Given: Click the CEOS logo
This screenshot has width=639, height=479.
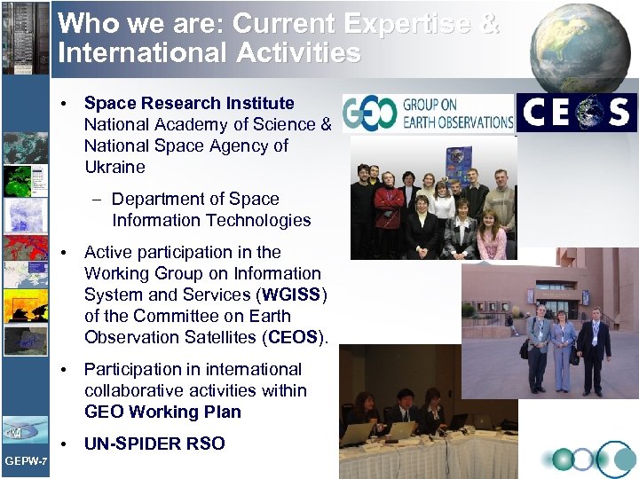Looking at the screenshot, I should pyautogui.click(x=577, y=113).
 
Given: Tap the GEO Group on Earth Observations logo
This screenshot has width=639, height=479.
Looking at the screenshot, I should pyautogui.click(x=429, y=113).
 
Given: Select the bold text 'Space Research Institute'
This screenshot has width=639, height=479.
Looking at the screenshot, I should pyautogui.click(x=189, y=103).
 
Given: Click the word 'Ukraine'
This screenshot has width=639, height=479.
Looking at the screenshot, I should pyautogui.click(x=114, y=167).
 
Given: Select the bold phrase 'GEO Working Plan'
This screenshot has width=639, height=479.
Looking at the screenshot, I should pyautogui.click(x=162, y=412).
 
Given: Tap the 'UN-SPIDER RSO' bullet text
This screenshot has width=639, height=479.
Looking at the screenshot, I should pyautogui.click(x=154, y=444).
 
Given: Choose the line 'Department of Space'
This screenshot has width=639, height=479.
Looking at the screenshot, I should pyautogui.click(x=195, y=199).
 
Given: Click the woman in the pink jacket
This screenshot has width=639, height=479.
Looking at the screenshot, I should pyautogui.click(x=490, y=232).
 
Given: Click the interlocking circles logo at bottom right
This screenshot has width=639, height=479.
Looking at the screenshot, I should pyautogui.click(x=589, y=459).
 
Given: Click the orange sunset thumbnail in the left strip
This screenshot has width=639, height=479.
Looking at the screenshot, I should pyautogui.click(x=25, y=306).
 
